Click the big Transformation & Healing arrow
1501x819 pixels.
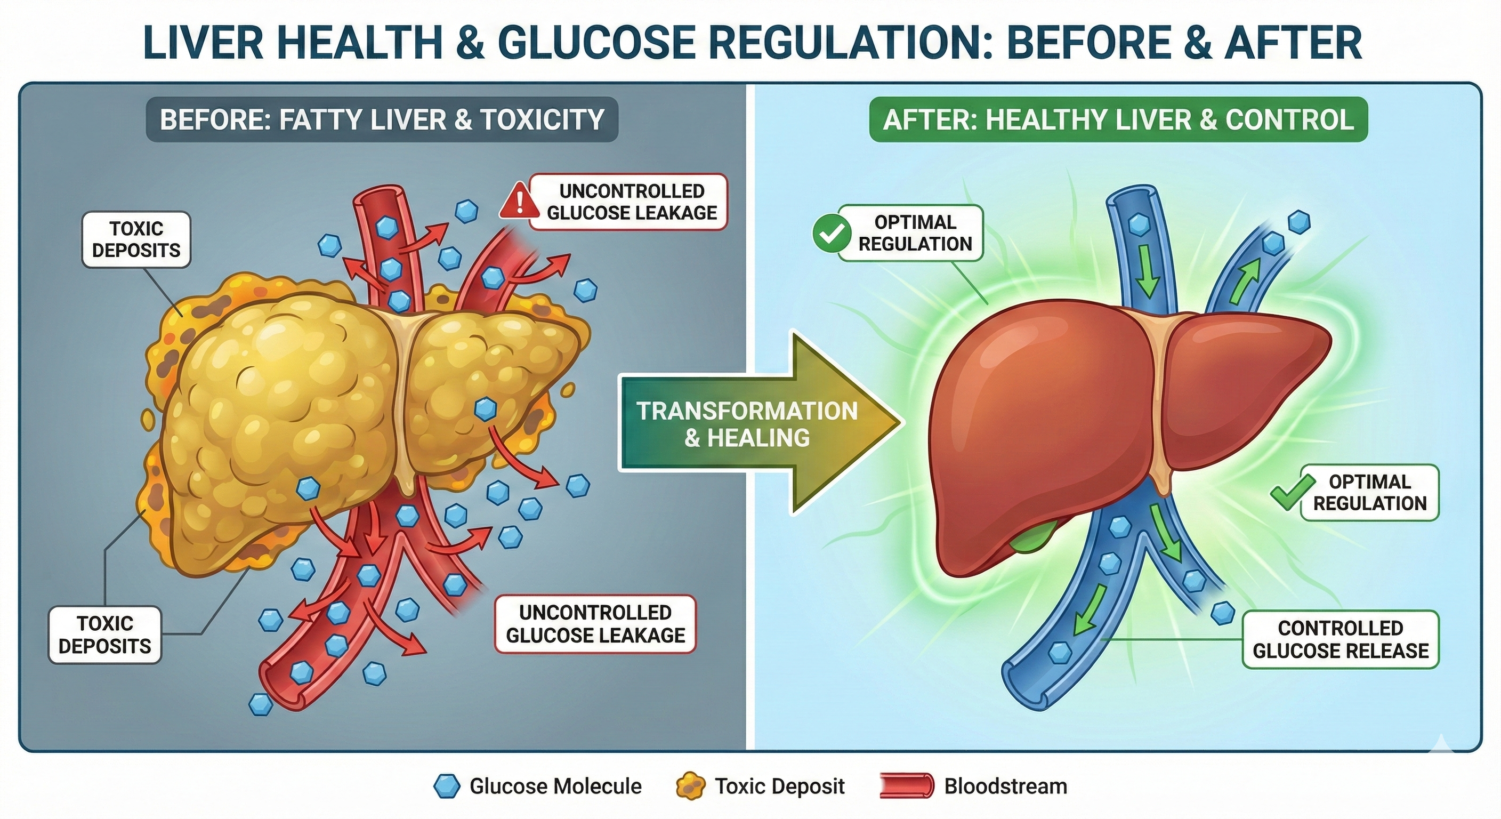(761, 423)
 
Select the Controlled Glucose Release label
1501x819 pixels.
(1340, 639)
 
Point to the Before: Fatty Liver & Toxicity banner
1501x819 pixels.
(382, 119)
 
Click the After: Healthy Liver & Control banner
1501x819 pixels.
(1118, 119)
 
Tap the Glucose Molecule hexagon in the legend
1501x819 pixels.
(446, 786)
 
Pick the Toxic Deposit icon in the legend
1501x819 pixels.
(690, 786)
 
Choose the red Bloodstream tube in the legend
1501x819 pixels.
(906, 786)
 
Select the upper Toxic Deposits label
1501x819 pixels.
(136, 239)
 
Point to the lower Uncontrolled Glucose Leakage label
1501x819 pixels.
(595, 624)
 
